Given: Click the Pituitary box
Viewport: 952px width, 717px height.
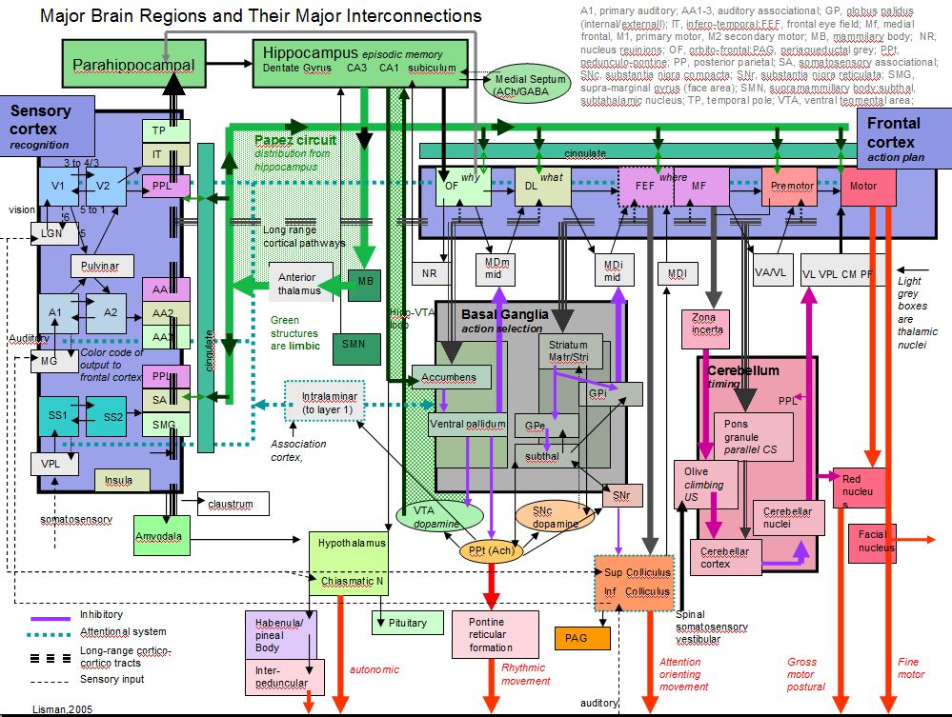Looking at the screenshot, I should [408, 623].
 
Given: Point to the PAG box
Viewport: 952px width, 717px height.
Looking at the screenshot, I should [581, 638].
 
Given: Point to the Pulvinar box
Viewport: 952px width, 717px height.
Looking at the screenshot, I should [102, 266].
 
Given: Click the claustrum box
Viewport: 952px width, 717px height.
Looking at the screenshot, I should [232, 502].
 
